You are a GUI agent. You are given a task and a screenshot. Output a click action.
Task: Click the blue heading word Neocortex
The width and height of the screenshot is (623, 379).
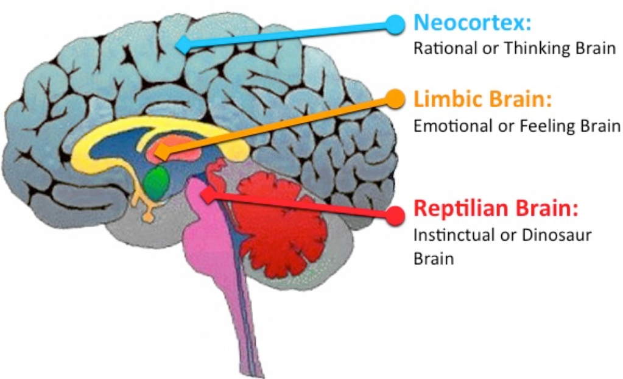click(x=472, y=24)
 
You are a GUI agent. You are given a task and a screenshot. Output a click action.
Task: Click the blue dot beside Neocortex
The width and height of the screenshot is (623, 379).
click(x=394, y=24)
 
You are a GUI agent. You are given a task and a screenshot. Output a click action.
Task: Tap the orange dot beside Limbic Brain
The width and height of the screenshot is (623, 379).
click(x=394, y=99)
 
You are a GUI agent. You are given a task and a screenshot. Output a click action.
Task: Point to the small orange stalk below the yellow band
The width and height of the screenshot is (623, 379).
click(x=147, y=210)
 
